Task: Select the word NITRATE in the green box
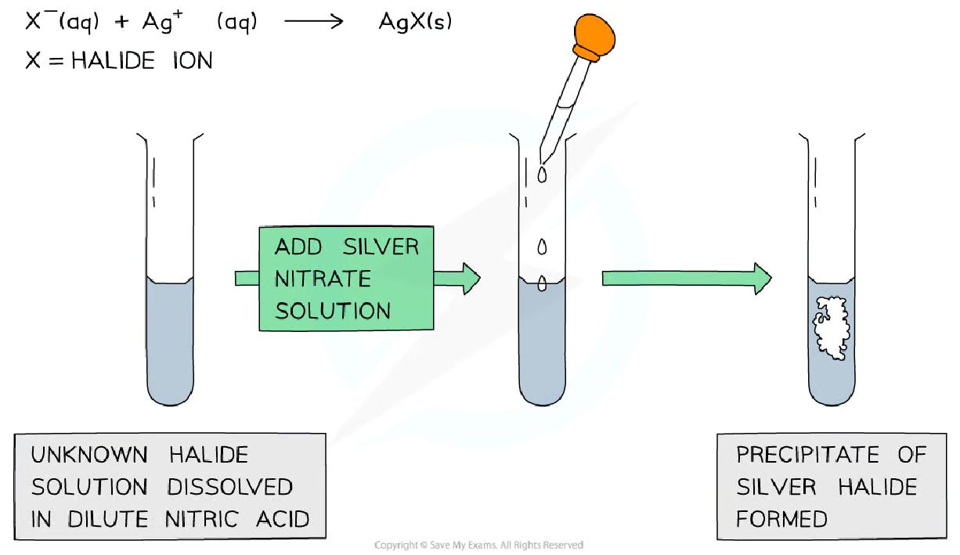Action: pyautogui.click(x=323, y=279)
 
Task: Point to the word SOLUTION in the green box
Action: pyautogui.click(x=333, y=310)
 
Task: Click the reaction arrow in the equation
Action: pyautogui.click(x=313, y=22)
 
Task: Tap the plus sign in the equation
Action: pyautogui.click(x=121, y=23)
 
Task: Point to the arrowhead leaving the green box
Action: pyautogui.click(x=468, y=279)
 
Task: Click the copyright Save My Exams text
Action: pyautogui.click(x=479, y=545)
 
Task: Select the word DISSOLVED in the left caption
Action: pyautogui.click(x=229, y=487)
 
